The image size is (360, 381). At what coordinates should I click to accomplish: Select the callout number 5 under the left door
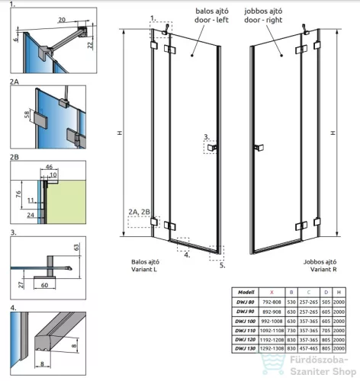click(x=222, y=266)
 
